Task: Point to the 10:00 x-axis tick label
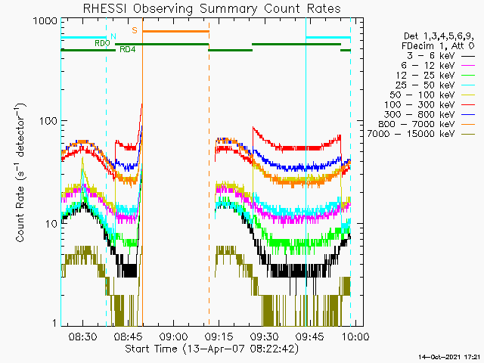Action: point(355,337)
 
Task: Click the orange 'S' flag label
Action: point(135,30)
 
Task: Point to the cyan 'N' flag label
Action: point(113,36)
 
